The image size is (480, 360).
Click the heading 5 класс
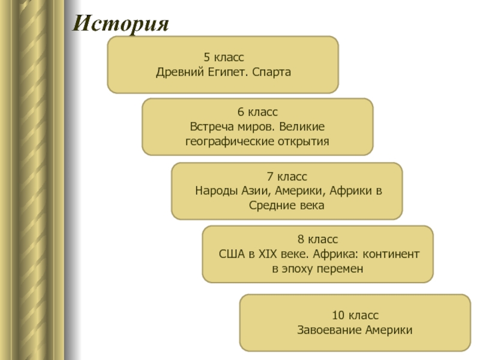click(x=223, y=58)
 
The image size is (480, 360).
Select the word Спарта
click(x=272, y=73)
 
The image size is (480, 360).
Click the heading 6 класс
click(x=257, y=112)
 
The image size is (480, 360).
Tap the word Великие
click(x=303, y=127)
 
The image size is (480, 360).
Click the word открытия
click(x=305, y=142)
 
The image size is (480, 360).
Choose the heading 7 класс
click(x=287, y=176)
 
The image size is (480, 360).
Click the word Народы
click(x=216, y=191)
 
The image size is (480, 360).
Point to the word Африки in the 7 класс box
click(x=351, y=191)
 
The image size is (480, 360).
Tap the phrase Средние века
click(x=287, y=206)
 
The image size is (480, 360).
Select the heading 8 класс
click(x=317, y=239)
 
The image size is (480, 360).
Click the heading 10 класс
click(x=355, y=316)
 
